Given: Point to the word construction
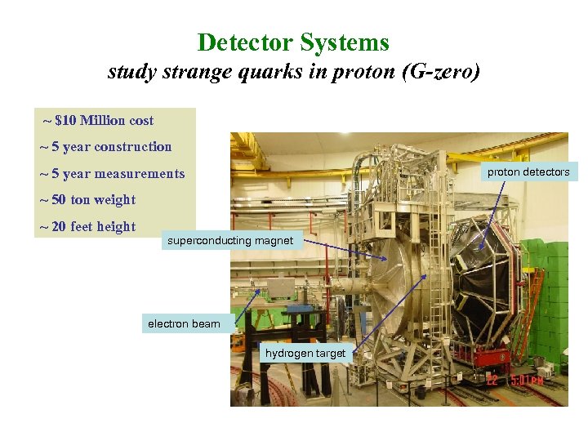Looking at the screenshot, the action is click(x=132, y=147).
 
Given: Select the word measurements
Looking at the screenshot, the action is click(x=139, y=174).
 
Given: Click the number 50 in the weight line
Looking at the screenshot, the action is click(x=59, y=200).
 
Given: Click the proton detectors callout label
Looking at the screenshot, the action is click(x=528, y=172).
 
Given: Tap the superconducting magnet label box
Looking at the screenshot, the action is click(x=230, y=241).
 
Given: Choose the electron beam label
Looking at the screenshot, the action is click(x=184, y=324).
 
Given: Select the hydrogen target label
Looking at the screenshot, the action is click(x=305, y=354).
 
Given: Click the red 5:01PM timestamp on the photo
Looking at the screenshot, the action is click(x=528, y=380).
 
